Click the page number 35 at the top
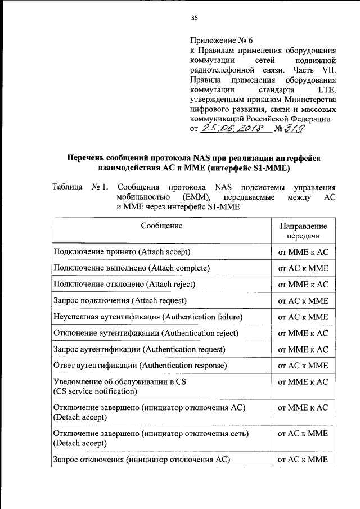click(195, 18)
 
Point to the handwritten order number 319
click(296, 130)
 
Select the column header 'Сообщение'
click(161, 226)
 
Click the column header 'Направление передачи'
click(303, 231)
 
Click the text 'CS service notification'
click(95, 391)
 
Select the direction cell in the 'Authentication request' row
click(303, 349)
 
